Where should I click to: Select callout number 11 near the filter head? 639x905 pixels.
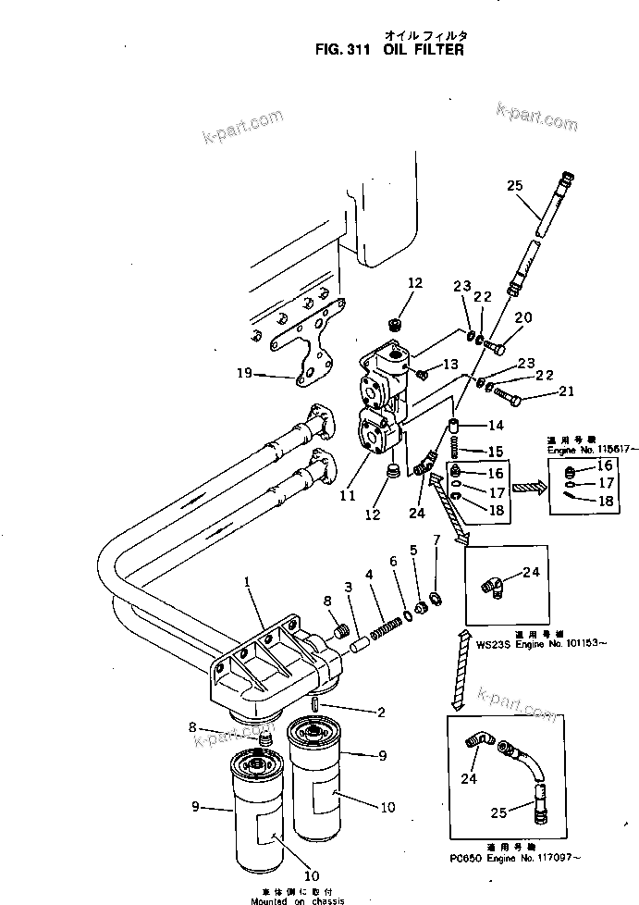[x=348, y=495]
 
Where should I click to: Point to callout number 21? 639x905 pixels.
[x=566, y=395]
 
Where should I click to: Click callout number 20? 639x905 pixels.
[x=523, y=318]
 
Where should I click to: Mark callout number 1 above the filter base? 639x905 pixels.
[x=247, y=583]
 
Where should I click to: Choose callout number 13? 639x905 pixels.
[x=451, y=364]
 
